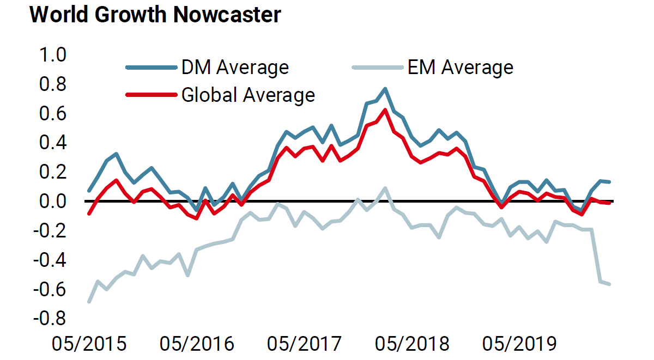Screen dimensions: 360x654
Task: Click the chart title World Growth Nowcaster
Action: pos(155,15)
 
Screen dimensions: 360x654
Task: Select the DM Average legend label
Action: pos(235,68)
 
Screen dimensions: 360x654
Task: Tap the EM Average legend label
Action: pos(461,68)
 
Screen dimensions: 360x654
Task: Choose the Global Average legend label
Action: pos(248,95)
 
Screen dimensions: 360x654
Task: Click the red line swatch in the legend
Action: pos(152,95)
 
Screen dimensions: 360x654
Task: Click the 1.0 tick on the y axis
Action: pos(50,55)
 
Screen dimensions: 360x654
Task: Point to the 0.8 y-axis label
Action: pos(50,84)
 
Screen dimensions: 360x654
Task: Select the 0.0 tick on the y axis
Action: pos(50,201)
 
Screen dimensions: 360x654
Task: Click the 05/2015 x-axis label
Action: pos(89,344)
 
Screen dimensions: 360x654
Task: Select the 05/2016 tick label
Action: pos(196,344)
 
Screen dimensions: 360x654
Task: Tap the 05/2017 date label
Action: pos(304,344)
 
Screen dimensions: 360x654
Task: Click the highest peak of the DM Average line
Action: pos(385,88)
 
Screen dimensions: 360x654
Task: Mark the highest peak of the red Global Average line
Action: pos(385,109)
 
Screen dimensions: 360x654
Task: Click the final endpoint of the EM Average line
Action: pos(609,284)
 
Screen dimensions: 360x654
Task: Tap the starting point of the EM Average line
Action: pos(89,301)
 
